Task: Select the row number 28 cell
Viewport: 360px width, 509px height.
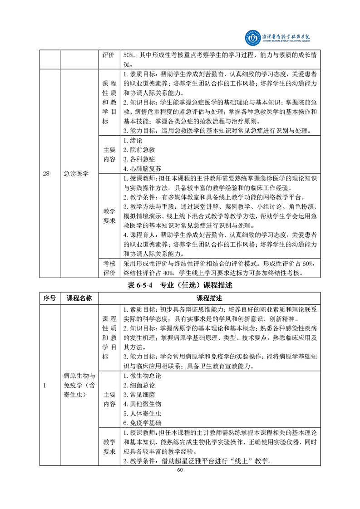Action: tap(46, 173)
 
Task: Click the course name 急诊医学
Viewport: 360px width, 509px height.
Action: tap(75, 173)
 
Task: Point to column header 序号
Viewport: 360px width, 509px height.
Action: tap(49, 298)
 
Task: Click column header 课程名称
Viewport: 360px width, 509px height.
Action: tap(79, 298)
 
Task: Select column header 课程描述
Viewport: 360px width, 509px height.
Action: tap(209, 298)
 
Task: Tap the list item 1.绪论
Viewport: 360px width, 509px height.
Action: tap(133, 141)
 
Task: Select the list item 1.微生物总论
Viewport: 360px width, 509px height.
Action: tap(142, 376)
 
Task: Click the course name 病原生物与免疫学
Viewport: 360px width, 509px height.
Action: tap(79, 376)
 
